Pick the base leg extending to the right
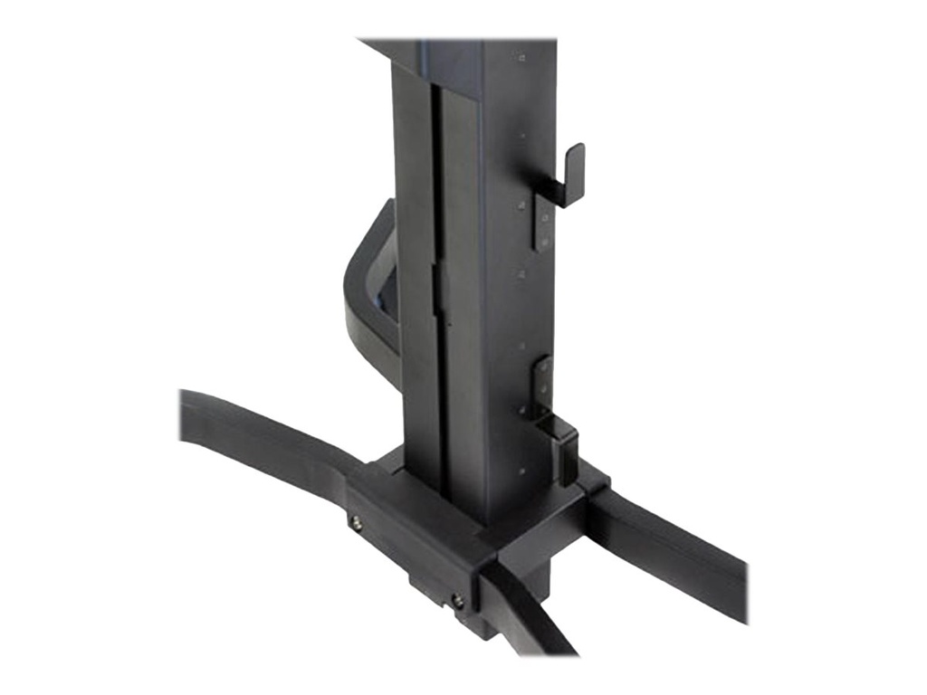coord(670,552)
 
